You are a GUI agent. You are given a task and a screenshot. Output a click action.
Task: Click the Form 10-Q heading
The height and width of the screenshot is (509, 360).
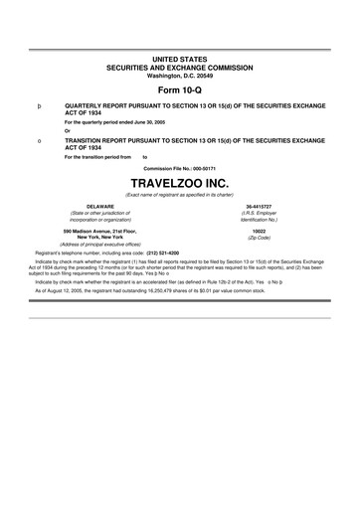pos(180,90)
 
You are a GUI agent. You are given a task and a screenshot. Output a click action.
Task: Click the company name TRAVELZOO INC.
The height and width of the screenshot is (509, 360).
pos(180,185)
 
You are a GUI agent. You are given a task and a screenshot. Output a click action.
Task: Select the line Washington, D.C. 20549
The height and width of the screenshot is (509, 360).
pos(180,76)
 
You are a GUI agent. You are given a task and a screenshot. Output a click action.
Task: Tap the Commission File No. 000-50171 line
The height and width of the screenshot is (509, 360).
pos(180,168)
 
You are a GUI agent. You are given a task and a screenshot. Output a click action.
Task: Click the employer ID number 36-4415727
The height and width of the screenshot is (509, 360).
pos(259,206)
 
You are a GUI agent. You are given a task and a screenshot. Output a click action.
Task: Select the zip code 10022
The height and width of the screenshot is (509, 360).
pos(259,231)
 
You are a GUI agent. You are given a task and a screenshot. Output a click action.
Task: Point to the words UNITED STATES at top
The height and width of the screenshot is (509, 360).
pos(180,61)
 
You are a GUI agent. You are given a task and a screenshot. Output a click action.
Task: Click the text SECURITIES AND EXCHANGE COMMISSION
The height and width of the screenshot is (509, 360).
pos(180,69)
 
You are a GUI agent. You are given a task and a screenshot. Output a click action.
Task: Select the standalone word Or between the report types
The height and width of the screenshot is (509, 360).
pos(67,131)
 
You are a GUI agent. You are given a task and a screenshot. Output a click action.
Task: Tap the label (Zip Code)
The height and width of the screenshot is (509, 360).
pos(259,239)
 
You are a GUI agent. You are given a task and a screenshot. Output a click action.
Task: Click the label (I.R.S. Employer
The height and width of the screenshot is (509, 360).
pos(259,213)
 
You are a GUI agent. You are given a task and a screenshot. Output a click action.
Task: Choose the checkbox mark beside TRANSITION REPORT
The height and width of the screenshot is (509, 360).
pos(38,142)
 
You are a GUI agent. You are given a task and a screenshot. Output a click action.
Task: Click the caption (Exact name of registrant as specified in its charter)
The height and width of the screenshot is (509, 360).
pos(180,195)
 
